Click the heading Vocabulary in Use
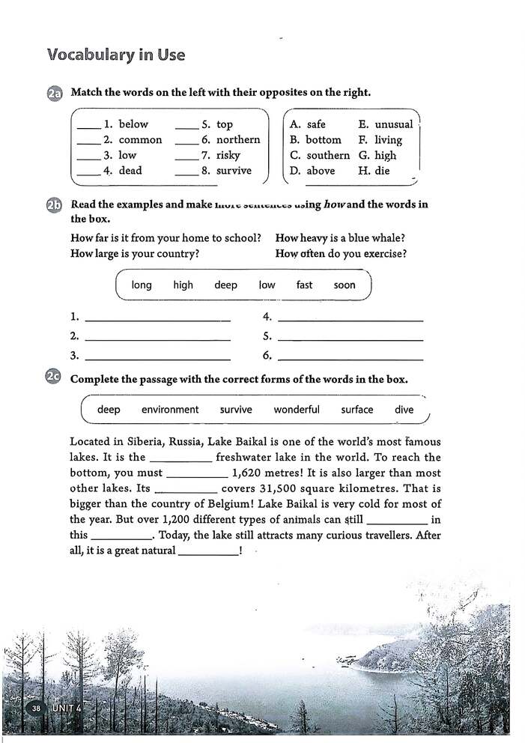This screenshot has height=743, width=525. [115, 55]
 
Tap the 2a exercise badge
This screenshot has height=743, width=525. [54, 94]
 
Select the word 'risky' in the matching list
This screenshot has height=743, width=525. [228, 155]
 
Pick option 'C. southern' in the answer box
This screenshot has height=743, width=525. [320, 155]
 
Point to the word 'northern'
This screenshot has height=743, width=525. [237, 139]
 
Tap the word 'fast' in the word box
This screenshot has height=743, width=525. [304, 285]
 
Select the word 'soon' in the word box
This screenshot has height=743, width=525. [345, 285]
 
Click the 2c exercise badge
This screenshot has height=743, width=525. [54, 378]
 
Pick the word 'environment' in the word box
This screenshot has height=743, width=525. [170, 410]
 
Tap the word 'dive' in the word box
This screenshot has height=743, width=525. [404, 410]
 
